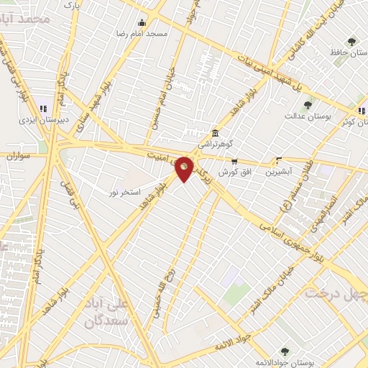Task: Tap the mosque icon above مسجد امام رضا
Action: point(142,22)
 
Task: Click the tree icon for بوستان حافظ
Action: point(351,42)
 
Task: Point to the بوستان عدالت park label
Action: point(307,116)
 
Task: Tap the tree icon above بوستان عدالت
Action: point(308,105)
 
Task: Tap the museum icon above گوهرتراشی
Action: point(215,134)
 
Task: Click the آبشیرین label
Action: point(279,172)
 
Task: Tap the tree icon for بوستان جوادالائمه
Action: point(285,351)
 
